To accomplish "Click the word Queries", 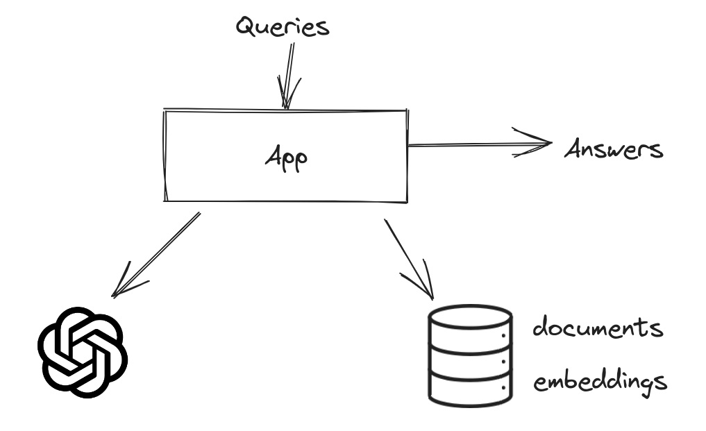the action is pyautogui.click(x=283, y=26).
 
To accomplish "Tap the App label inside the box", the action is pyautogui.click(x=287, y=158).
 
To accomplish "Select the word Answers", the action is pyautogui.click(x=614, y=149).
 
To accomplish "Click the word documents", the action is pyautogui.click(x=598, y=327).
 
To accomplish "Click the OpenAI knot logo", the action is pyautogui.click(x=83, y=352).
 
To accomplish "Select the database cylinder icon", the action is pyautogui.click(x=470, y=356).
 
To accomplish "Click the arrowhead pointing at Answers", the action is pyautogui.click(x=536, y=143).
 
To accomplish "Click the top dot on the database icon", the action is pyautogui.click(x=503, y=336).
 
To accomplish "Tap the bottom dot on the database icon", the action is pyautogui.click(x=503, y=387).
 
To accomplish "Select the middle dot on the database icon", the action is pyautogui.click(x=503, y=362).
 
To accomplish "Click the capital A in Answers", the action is pyautogui.click(x=573, y=148).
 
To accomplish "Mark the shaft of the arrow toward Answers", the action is pyautogui.click(x=480, y=144).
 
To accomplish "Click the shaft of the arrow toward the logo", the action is pyautogui.click(x=156, y=255).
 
